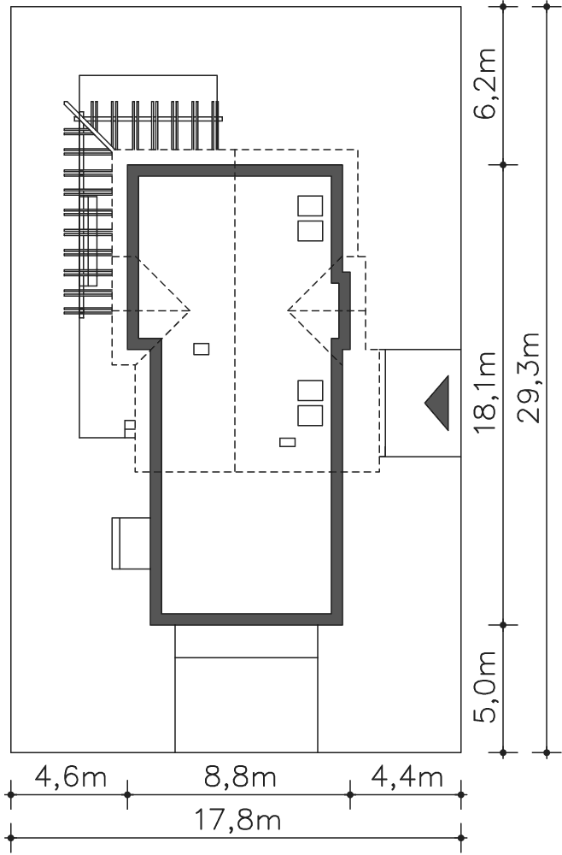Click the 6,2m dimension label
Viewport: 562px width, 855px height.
coord(483,83)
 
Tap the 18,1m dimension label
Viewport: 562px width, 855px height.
coord(483,392)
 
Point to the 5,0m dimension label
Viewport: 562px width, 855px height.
coord(483,686)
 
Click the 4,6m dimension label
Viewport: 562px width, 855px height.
coord(71,776)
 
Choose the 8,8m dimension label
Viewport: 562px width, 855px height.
coord(240,776)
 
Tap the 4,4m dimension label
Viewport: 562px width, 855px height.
coord(407,776)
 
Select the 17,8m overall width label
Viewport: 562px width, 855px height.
coord(237,820)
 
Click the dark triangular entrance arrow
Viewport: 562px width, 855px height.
coord(437,403)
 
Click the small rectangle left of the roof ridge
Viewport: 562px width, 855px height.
coord(201,349)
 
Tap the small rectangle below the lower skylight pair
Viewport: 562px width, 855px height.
coord(288,442)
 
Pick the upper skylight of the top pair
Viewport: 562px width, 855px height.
coord(310,206)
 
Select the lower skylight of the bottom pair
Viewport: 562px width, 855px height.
coord(310,415)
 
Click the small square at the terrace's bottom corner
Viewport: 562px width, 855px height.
coord(130,425)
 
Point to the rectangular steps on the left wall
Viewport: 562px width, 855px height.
coord(131,543)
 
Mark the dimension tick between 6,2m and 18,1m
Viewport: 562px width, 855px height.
coord(503,164)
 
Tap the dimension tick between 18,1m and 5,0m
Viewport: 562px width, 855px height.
coord(503,625)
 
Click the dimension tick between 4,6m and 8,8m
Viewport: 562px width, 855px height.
coord(127,794)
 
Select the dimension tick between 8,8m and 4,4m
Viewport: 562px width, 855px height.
coord(349,794)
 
